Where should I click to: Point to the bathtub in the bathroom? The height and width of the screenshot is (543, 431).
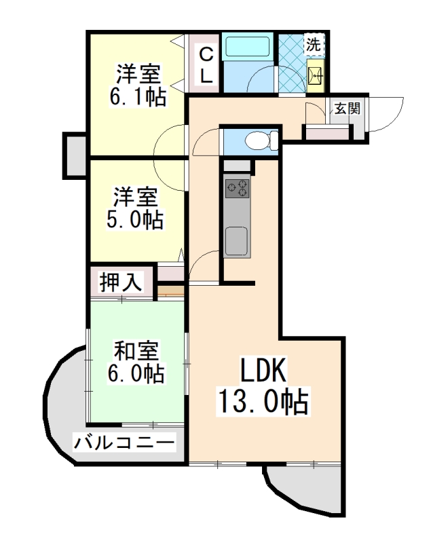[247, 49]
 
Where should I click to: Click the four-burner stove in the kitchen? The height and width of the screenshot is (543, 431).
[237, 187]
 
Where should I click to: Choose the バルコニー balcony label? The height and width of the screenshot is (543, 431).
[125, 443]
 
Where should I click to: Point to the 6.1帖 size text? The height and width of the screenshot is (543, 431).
[138, 95]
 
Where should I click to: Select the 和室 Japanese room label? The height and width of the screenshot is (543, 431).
[136, 351]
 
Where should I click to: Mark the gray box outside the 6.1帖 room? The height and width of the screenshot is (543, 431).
[74, 155]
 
